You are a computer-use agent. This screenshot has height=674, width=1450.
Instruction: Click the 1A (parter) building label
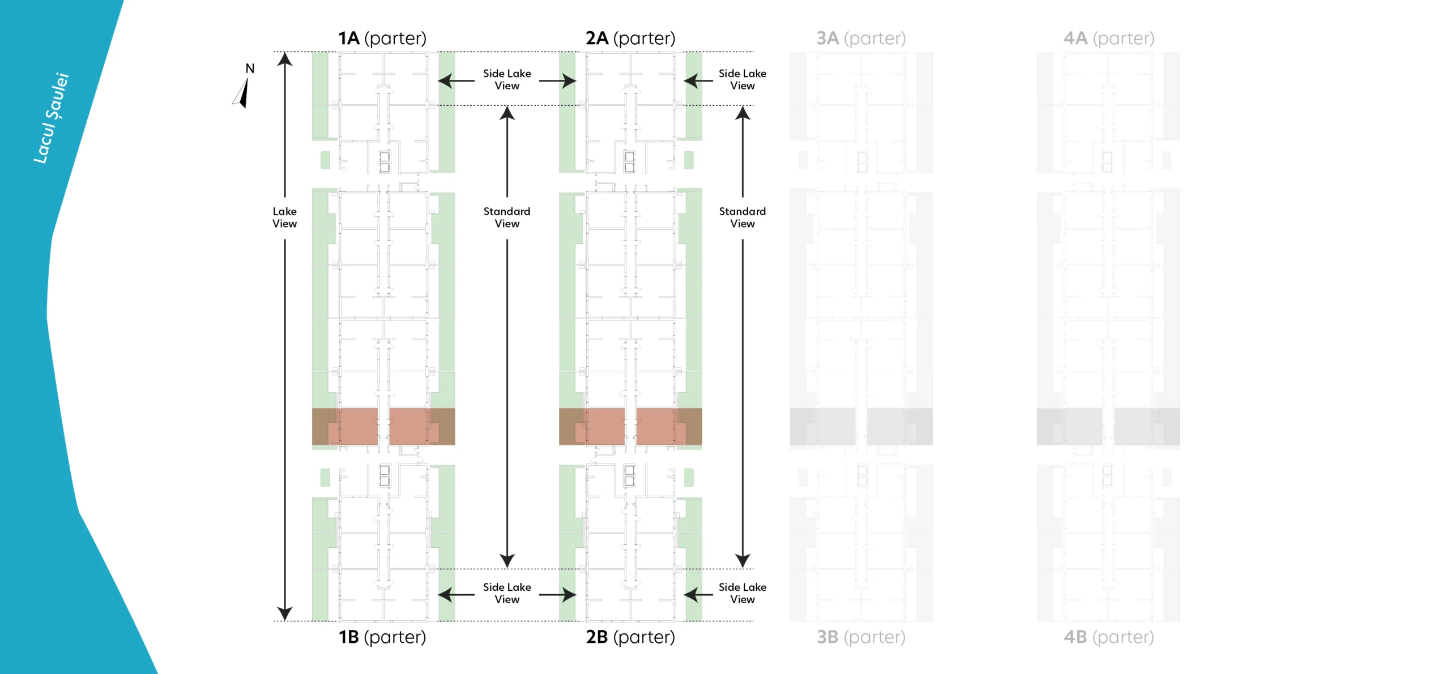coord(382,38)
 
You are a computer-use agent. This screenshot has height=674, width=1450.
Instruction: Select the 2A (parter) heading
coord(630,38)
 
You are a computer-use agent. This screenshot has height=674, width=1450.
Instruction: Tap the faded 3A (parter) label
coord(860,38)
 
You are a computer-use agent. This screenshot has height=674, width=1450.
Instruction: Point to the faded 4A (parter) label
coord(1108,38)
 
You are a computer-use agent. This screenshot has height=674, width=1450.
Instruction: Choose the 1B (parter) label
coord(382,637)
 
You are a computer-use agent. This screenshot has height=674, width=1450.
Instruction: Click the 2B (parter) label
coord(630,637)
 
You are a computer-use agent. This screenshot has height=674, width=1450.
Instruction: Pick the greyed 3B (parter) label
coord(860,637)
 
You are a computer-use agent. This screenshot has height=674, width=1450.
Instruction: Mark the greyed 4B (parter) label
coord(1108,637)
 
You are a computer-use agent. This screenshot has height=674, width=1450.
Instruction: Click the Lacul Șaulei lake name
coord(51,118)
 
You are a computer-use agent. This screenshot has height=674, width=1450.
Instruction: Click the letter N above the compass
coord(250,68)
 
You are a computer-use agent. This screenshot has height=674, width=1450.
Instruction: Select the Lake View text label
coord(284,217)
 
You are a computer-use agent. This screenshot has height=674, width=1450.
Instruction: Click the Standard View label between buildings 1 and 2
coord(507,217)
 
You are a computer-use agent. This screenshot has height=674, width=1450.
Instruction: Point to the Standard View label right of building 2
coord(743,217)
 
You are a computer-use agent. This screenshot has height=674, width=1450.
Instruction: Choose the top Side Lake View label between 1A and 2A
coord(507,79)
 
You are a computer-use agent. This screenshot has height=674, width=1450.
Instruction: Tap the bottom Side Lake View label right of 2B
coord(743,593)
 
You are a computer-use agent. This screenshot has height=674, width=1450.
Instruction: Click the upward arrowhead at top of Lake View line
coord(284,58)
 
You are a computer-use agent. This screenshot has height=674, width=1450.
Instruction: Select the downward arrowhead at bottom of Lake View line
coord(284,613)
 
